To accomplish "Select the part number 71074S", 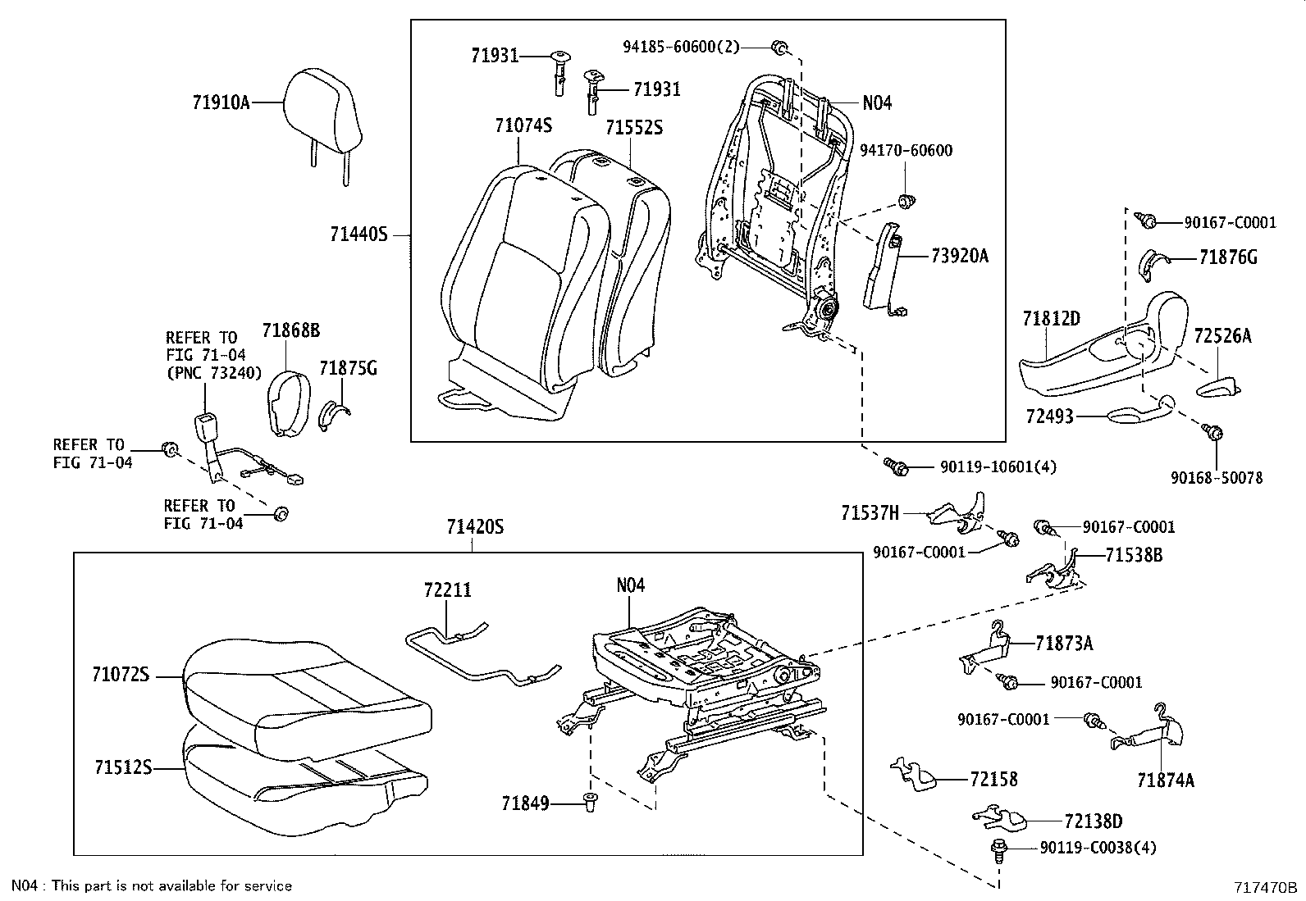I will tap(523, 125).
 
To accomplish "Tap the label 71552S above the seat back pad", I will tap(633, 127).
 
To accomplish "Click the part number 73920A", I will tap(959, 256).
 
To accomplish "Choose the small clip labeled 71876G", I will tap(1153, 261).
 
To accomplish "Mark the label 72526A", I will tap(1222, 335).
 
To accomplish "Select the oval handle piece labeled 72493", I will tap(1136, 415).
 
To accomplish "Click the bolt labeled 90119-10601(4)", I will tap(896, 467).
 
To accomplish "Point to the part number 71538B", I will tap(1133, 555).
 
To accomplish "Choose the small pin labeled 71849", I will tap(589, 803).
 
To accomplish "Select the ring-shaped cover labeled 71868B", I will tap(286, 402).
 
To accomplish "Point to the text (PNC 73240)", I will tap(212, 373).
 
